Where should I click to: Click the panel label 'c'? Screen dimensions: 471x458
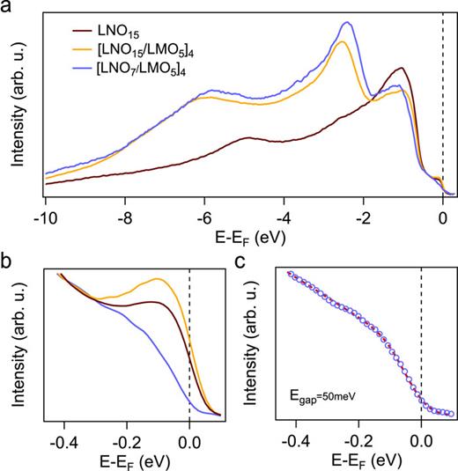[244, 263]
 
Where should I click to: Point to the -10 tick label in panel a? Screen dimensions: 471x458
[43, 215]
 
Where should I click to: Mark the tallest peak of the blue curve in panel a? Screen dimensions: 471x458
[344, 24]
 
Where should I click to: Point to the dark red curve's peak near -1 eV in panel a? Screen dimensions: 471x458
[402, 68]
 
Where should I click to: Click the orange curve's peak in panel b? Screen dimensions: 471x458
[159, 279]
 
